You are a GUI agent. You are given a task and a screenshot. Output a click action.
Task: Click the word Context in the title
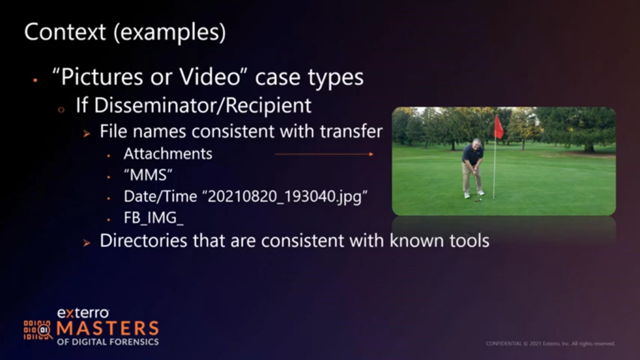[x=65, y=32]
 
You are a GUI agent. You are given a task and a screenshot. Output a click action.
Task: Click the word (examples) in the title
[x=170, y=32]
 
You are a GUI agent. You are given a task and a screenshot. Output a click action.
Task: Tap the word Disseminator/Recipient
[x=194, y=105]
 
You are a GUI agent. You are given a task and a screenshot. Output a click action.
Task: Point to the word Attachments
[x=167, y=154]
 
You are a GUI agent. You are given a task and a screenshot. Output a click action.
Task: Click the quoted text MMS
[x=148, y=175]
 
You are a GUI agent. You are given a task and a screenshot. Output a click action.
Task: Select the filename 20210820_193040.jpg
[x=284, y=196]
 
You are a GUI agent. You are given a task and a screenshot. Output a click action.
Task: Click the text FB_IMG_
[x=154, y=217]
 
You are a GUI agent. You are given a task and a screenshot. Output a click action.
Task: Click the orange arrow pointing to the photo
[x=324, y=154]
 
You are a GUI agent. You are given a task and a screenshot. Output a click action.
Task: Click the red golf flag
[x=499, y=127]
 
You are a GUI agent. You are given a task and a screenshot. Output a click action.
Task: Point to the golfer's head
[x=476, y=144]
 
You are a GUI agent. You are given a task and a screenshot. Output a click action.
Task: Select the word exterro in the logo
[x=83, y=313]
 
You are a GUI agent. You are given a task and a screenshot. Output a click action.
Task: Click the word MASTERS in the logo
[x=107, y=329]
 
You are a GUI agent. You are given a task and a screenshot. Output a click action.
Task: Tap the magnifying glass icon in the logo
[x=45, y=331]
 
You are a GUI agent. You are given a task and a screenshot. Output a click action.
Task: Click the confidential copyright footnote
[x=550, y=344]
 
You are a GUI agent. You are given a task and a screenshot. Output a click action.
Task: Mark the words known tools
[x=439, y=241]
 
